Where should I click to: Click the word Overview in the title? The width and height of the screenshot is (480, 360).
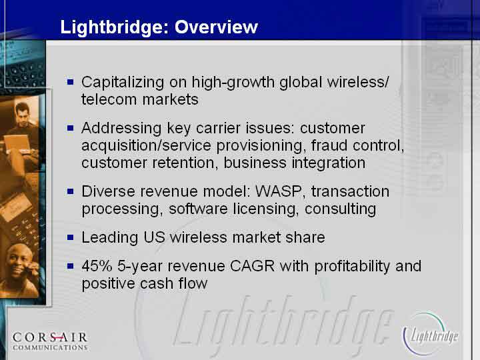pos(216,27)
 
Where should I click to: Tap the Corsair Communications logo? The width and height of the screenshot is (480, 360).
pos(50,341)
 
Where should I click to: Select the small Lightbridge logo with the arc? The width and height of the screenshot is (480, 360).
pos(430,334)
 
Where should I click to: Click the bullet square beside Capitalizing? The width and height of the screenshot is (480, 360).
pos(71,82)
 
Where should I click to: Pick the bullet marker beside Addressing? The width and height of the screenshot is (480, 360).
pos(71,127)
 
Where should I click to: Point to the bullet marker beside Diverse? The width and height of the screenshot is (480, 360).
pos(71,191)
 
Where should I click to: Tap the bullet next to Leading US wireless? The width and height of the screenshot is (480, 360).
pos(71,237)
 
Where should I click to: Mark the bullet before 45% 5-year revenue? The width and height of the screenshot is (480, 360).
pos(71,266)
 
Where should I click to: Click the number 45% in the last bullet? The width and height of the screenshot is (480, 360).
pos(97,266)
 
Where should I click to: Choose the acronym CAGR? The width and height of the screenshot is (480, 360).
pos(252,266)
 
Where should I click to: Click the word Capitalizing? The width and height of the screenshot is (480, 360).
pos(123,83)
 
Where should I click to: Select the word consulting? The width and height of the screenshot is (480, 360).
pos(340,209)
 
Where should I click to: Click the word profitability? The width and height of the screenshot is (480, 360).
pos(352,266)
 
